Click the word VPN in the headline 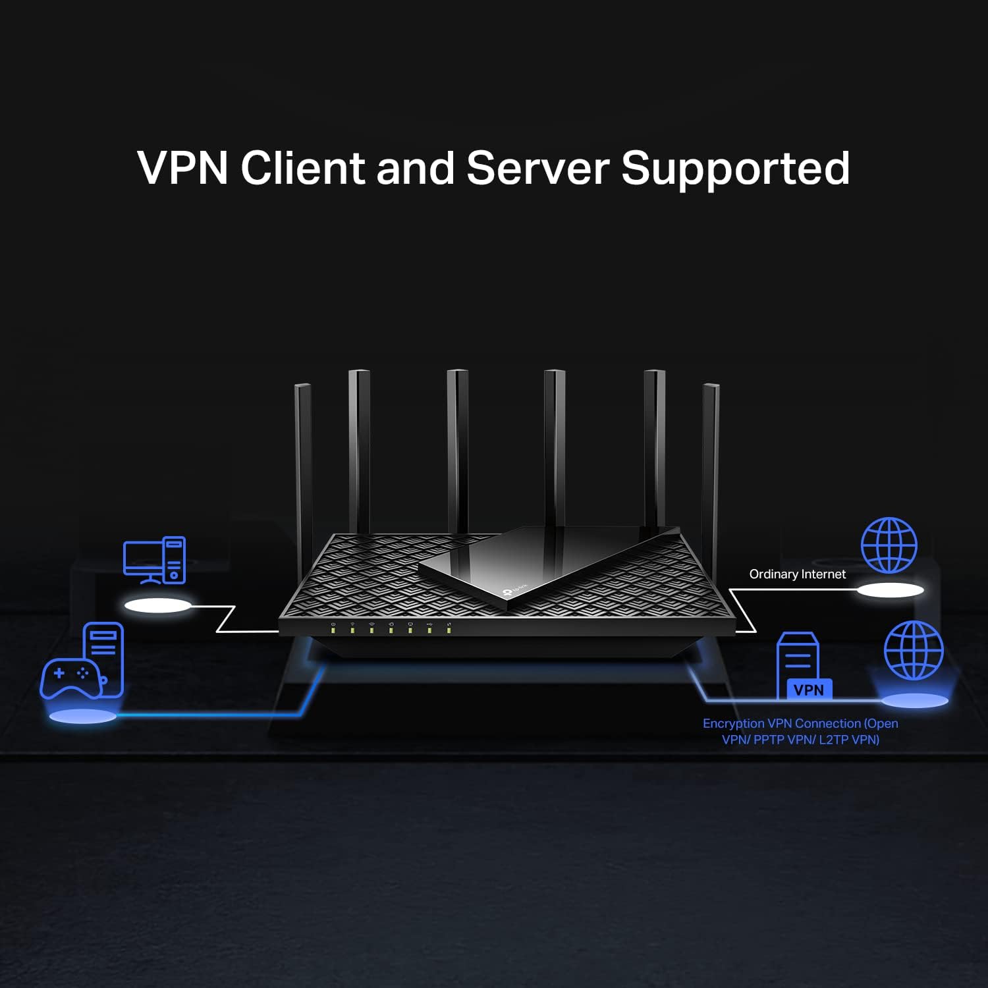pyautogui.click(x=182, y=168)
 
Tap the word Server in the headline pyautogui.click(x=537, y=168)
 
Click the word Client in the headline pyautogui.click(x=302, y=168)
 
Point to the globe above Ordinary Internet pyautogui.click(x=889, y=545)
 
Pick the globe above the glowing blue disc pyautogui.click(x=914, y=650)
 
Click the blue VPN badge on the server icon pyautogui.click(x=809, y=690)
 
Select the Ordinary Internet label pyautogui.click(x=797, y=574)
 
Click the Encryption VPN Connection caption pyautogui.click(x=800, y=731)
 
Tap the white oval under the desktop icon pyautogui.click(x=158, y=605)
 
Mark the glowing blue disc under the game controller pyautogui.click(x=82, y=717)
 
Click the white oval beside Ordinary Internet pyautogui.click(x=890, y=590)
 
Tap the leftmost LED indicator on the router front pyautogui.click(x=333, y=630)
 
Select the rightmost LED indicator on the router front pyautogui.click(x=449, y=630)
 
